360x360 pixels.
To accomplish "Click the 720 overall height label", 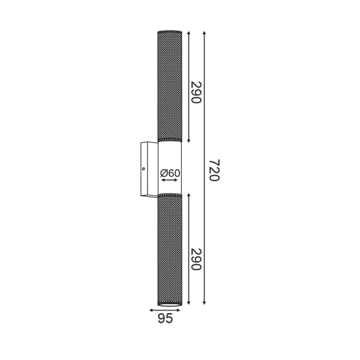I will click(x=214, y=170).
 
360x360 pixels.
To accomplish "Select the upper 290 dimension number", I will click(x=195, y=92).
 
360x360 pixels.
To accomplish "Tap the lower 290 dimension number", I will click(x=195, y=259).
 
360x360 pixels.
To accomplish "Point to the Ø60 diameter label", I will click(x=170, y=173).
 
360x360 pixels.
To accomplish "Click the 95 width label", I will click(x=165, y=319).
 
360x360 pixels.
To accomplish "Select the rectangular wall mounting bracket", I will click(x=148, y=169).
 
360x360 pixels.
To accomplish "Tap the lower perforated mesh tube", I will click(x=169, y=249).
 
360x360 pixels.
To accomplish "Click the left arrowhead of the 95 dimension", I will click(x=151, y=310).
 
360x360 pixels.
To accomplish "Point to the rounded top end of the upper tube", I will click(x=169, y=32).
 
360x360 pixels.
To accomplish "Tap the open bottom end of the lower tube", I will click(x=169, y=303).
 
